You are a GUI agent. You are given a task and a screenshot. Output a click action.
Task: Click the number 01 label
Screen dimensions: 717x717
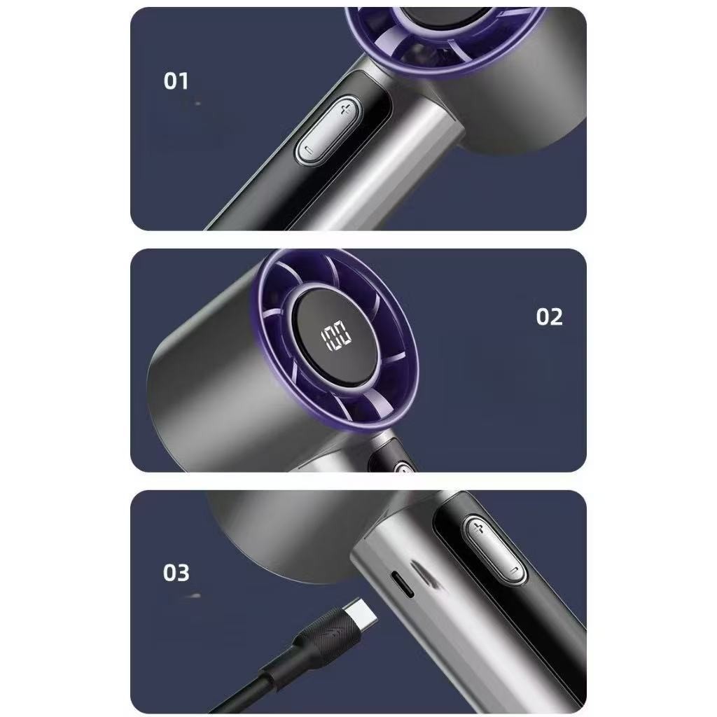click(176, 81)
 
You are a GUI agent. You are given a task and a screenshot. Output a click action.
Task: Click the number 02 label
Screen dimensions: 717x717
click(549, 316)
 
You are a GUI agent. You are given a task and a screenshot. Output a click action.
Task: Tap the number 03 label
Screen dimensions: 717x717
click(176, 573)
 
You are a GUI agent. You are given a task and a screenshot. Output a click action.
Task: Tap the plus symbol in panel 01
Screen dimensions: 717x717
click(346, 109)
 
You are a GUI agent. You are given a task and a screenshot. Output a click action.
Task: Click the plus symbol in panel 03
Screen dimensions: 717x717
click(478, 529)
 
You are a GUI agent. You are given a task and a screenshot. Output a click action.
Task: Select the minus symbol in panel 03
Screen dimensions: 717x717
click(515, 571)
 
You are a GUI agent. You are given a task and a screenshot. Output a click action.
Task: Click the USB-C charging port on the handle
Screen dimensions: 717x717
click(403, 584)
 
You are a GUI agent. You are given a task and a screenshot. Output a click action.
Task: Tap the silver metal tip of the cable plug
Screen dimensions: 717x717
click(361, 613)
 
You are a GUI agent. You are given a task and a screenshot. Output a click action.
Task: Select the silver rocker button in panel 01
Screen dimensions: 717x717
click(328, 130)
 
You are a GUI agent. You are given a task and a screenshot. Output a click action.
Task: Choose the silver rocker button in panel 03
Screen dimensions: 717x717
click(494, 550)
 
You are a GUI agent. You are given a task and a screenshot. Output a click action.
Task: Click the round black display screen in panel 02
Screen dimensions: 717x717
click(337, 337)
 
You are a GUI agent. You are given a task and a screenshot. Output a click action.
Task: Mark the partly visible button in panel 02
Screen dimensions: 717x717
click(403, 467)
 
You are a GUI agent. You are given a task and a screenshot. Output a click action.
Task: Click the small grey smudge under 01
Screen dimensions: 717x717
click(197, 104)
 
